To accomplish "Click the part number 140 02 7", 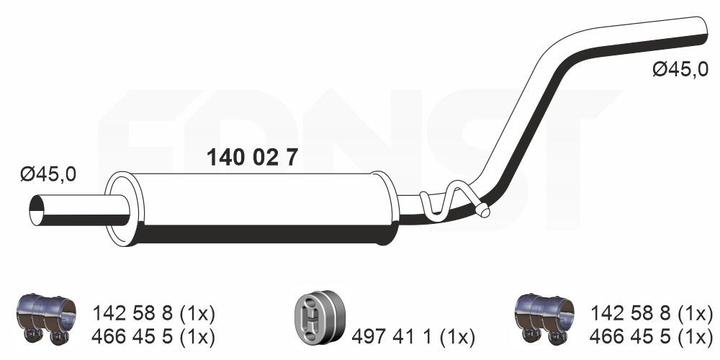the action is point(252,158).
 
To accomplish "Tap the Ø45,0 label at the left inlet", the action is point(48,174).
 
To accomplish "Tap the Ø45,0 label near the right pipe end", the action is point(680,70).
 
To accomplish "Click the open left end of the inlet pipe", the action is point(36,210).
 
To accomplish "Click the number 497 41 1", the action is point(392,338).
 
